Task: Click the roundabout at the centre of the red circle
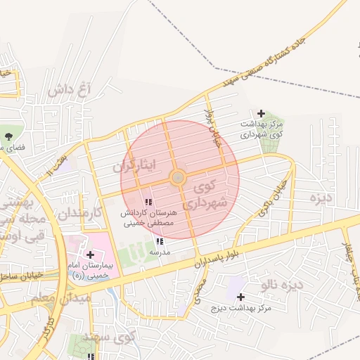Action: [x=178, y=176]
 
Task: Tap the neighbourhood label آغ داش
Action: [x=70, y=90]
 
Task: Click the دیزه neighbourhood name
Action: [x=321, y=198]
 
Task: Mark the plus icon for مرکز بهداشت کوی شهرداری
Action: [x=261, y=113]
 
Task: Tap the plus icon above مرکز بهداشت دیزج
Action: [x=241, y=298]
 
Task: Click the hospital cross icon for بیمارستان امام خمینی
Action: [x=90, y=254]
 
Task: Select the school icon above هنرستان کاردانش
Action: [x=147, y=202]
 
